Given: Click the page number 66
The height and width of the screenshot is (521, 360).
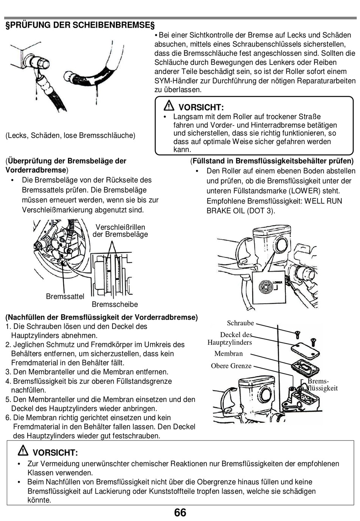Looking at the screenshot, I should pyautogui.click(x=180, y=512).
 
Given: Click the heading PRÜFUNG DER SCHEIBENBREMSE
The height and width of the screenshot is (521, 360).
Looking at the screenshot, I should pyautogui.click(x=80, y=25).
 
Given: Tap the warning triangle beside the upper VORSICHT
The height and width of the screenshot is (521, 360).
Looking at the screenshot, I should pyautogui.click(x=169, y=106).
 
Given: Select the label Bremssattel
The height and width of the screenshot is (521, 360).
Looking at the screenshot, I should pyautogui.click(x=65, y=297).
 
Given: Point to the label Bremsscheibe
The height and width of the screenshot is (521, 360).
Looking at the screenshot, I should pyautogui.click(x=114, y=304).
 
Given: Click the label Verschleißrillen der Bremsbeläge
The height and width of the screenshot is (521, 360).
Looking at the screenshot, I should pyautogui.click(x=120, y=231).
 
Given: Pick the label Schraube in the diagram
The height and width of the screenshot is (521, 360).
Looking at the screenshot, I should pyautogui.click(x=240, y=323).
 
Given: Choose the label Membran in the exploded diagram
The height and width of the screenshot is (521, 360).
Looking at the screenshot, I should pyautogui.click(x=229, y=354).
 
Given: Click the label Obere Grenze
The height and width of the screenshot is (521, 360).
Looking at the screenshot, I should pyautogui.click(x=231, y=366).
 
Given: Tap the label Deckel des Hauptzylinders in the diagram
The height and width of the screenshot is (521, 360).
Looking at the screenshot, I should pyautogui.click(x=230, y=339).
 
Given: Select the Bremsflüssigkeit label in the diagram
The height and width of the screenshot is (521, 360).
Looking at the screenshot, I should pyautogui.click(x=322, y=384).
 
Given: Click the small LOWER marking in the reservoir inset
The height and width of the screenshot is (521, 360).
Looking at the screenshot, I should pyautogui.click(x=277, y=282).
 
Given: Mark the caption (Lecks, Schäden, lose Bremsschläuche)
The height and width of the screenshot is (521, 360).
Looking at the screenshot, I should pyautogui.click(x=70, y=135).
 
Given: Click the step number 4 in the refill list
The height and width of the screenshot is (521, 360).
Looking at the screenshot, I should pyautogui.click(x=8, y=381).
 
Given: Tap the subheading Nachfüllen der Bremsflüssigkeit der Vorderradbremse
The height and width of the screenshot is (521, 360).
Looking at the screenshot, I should pyautogui.click(x=102, y=317).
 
